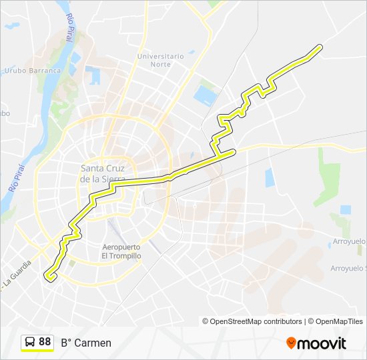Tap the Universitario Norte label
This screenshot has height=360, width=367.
coord(161,61)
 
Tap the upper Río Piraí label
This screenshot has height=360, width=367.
coord(69,29)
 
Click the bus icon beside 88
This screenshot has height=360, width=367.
coord(30,342)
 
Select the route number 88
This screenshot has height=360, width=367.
coord(45,342)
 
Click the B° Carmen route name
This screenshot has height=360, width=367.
coord(86,343)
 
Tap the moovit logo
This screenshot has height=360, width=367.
coord(316,343)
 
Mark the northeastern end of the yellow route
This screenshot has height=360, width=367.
coord(321,46)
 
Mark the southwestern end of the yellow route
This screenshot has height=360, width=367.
coord(46,274)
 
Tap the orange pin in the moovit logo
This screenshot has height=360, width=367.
coord(291,343)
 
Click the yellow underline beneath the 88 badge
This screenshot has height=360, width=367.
coord(37,351)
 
